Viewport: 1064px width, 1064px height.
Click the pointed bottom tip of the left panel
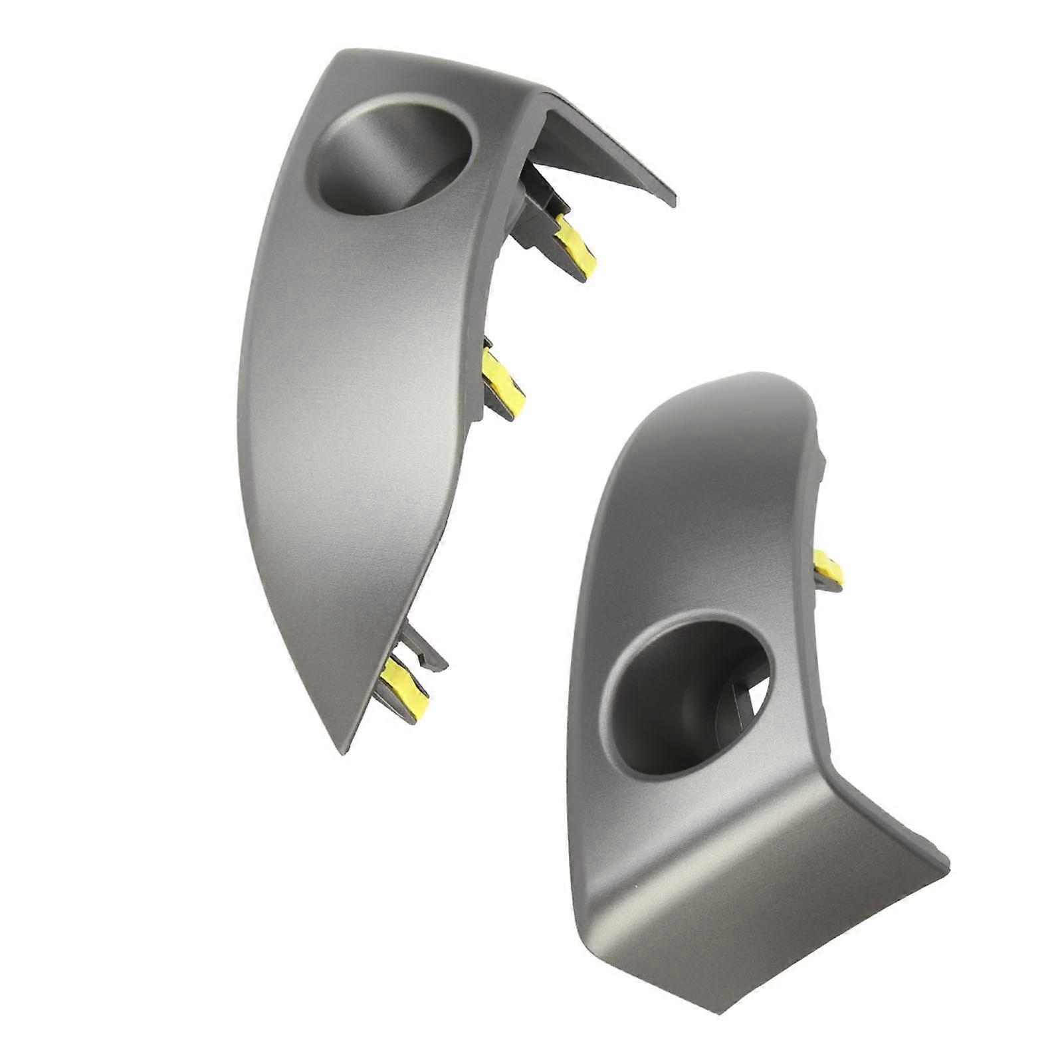click(x=343, y=751)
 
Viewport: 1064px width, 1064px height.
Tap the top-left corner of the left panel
click(x=340, y=53)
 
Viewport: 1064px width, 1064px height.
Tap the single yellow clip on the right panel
click(x=829, y=569)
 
